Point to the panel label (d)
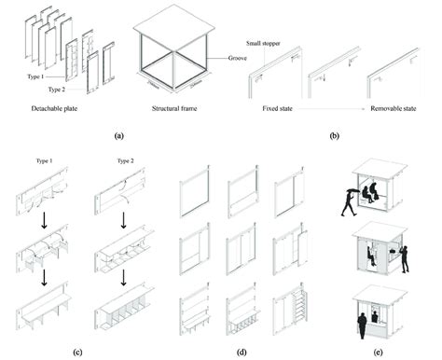(x=241, y=352)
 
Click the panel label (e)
(x=382, y=352)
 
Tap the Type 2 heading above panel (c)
(x=119, y=161)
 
